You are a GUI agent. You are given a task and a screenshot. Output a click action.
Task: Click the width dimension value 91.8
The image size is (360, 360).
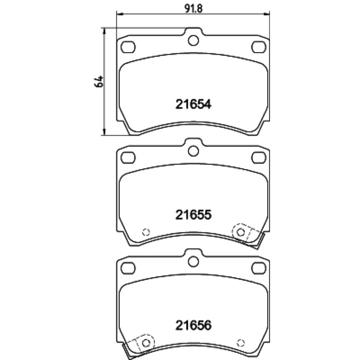(x=193, y=9)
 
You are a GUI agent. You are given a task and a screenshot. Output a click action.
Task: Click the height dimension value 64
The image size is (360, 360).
(x=99, y=81)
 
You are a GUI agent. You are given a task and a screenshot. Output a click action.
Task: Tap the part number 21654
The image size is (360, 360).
(x=193, y=104)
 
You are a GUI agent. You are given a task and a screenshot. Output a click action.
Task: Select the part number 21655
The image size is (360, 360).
(x=193, y=215)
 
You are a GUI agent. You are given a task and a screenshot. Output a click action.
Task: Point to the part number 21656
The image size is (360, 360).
(x=193, y=325)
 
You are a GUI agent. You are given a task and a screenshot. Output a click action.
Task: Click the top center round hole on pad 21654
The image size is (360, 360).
(x=193, y=40)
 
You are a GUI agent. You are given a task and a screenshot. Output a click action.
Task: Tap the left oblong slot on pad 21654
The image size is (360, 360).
(x=128, y=47)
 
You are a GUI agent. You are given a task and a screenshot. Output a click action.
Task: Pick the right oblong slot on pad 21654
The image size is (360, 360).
(x=259, y=47)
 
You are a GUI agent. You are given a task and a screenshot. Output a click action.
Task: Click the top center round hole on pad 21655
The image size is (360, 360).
(x=193, y=151)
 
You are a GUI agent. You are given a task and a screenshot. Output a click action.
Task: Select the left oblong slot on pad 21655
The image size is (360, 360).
(x=128, y=157)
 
